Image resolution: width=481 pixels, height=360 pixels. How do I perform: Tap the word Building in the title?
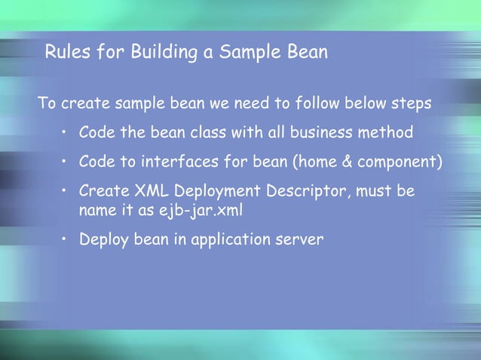coord(160,53)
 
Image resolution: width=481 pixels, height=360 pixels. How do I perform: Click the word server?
coord(300,240)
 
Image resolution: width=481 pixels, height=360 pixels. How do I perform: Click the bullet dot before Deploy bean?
coord(66,240)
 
